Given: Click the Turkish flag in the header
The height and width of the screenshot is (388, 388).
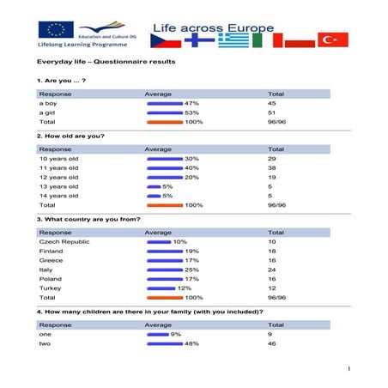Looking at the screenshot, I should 333,40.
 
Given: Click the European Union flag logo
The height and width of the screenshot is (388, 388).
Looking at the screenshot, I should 60,29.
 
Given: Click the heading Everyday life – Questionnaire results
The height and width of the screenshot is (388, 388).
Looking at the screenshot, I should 106,62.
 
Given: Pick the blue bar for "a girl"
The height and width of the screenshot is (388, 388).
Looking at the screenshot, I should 165,112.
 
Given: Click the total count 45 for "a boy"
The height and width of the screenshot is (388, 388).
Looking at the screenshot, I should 273,102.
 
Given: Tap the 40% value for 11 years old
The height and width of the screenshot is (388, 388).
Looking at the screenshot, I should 191,168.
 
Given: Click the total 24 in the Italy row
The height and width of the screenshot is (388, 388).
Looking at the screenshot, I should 273,270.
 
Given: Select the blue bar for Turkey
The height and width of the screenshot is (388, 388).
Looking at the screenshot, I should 161,288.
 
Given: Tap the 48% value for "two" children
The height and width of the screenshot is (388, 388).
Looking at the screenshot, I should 191,343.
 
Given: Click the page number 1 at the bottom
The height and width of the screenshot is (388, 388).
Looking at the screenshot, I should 350,370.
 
